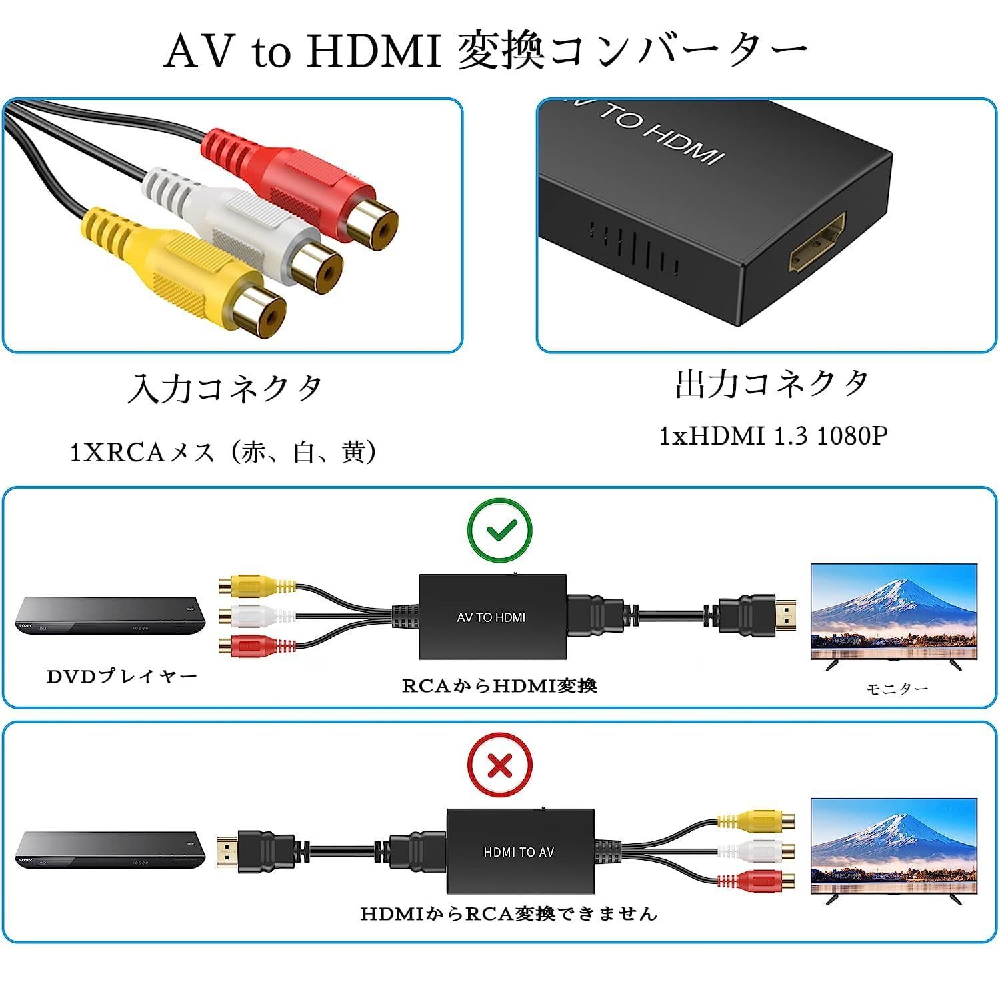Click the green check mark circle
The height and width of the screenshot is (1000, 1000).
click(500, 531)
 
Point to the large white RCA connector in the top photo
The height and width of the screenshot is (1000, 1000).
click(243, 227)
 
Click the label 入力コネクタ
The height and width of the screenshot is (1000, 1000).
click(225, 389)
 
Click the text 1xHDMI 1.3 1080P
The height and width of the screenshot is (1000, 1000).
click(773, 436)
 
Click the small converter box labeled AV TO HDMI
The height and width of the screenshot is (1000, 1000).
click(493, 617)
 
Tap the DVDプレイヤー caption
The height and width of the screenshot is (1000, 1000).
click(123, 677)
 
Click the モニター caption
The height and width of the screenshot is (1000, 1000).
click(897, 689)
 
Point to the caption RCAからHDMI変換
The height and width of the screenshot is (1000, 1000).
click(499, 686)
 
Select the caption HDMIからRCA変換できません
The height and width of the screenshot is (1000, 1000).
click(509, 913)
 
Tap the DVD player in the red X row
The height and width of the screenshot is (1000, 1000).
click(111, 850)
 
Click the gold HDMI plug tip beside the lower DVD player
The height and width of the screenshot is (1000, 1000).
click(228, 849)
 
